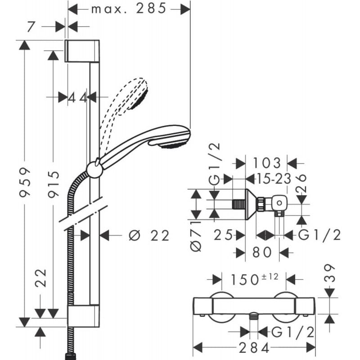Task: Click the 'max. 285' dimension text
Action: coord(129,9)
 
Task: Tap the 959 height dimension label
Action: coord(25,182)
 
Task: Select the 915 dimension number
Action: coord(54,184)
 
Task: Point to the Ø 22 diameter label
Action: coord(149,235)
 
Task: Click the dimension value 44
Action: coord(77,98)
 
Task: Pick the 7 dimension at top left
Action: coord(31,27)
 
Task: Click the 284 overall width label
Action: coord(254,348)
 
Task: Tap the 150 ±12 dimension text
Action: coord(254,279)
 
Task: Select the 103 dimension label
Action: coord(266,163)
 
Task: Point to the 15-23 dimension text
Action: coord(274,179)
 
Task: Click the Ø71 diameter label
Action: coord(196,237)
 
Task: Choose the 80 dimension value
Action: coord(262,252)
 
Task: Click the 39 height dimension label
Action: coord(329,273)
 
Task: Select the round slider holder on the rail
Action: coord(94,170)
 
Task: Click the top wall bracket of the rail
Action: coord(82,51)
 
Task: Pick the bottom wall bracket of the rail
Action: coord(83,316)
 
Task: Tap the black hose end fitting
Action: coord(70,356)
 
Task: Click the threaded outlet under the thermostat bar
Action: coord(253,316)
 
